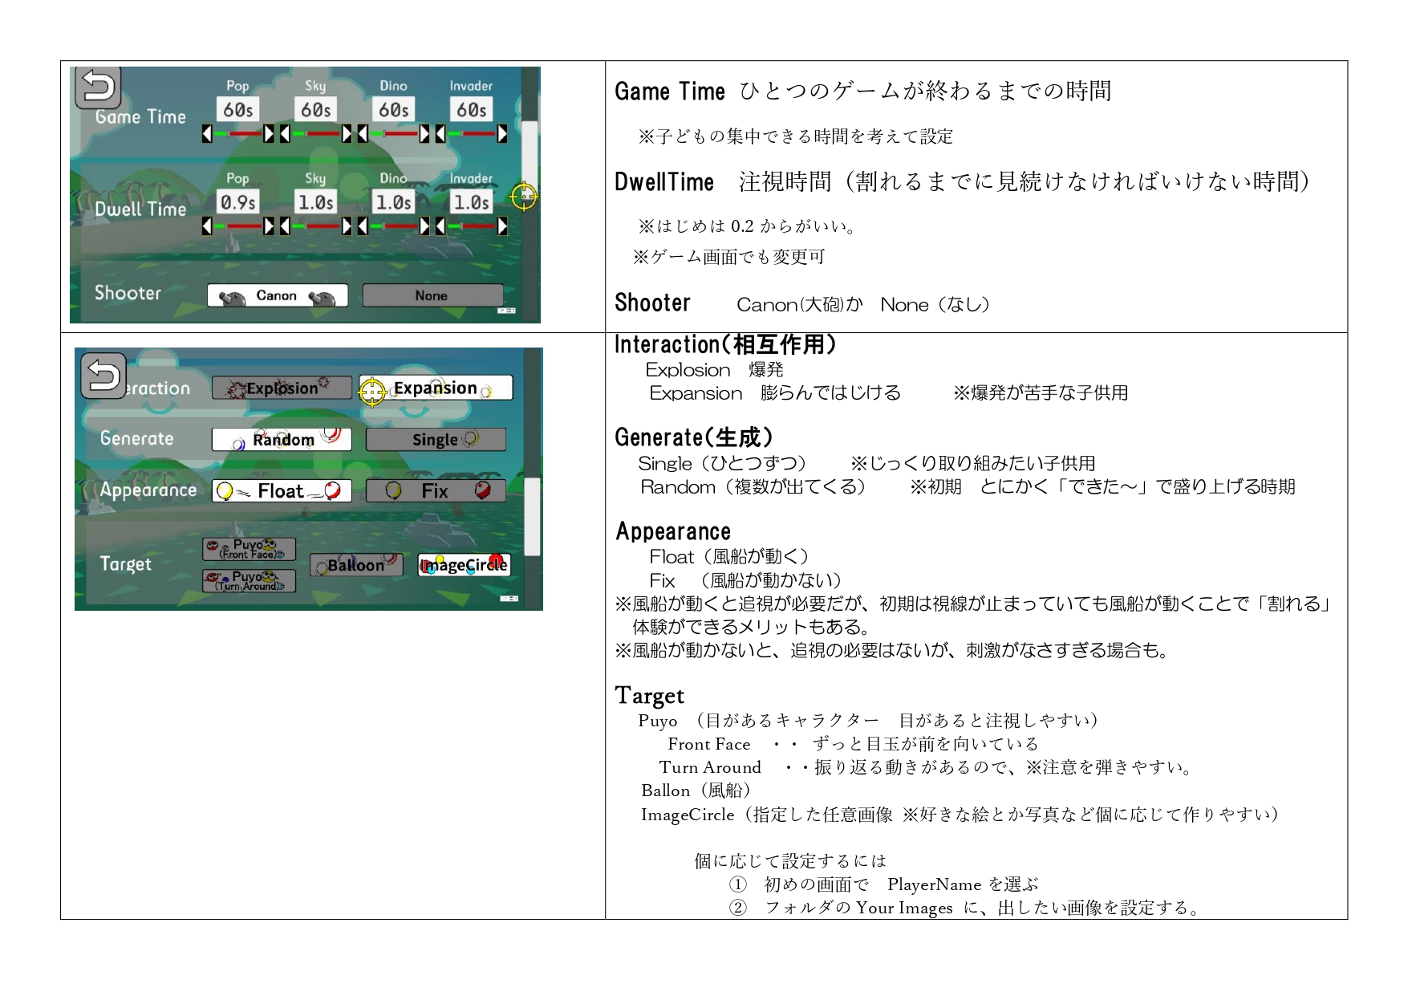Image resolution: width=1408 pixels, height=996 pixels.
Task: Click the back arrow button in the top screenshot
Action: [98, 87]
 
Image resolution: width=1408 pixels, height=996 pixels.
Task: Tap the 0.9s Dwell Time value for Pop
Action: [238, 202]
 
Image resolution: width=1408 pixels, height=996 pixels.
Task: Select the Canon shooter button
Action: [278, 295]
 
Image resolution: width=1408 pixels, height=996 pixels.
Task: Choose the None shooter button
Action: [432, 295]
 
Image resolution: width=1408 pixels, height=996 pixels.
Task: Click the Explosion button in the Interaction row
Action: [282, 388]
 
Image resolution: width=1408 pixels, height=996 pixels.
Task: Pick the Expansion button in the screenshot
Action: [436, 388]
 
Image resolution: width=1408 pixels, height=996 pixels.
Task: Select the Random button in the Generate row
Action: [282, 439]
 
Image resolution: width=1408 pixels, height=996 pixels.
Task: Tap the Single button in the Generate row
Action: [436, 439]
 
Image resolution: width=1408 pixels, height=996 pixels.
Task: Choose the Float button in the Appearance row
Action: [282, 490]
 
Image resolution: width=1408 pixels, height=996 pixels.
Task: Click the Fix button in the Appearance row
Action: [436, 490]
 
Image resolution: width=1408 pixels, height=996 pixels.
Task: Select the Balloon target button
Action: [356, 565]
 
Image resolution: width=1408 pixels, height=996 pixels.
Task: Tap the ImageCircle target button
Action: [465, 565]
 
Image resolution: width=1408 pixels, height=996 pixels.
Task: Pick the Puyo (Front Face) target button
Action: [249, 549]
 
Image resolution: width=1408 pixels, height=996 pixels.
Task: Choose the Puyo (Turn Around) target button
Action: [249, 581]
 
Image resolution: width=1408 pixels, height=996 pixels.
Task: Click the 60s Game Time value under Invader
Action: [472, 109]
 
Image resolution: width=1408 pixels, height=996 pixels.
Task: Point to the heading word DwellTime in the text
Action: [664, 182]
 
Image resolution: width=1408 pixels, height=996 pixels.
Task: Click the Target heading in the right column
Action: [650, 696]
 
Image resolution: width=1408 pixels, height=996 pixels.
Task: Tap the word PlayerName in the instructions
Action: [934, 884]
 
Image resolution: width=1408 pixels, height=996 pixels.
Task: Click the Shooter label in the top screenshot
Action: [128, 293]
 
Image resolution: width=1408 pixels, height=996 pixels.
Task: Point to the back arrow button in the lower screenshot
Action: [103, 376]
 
